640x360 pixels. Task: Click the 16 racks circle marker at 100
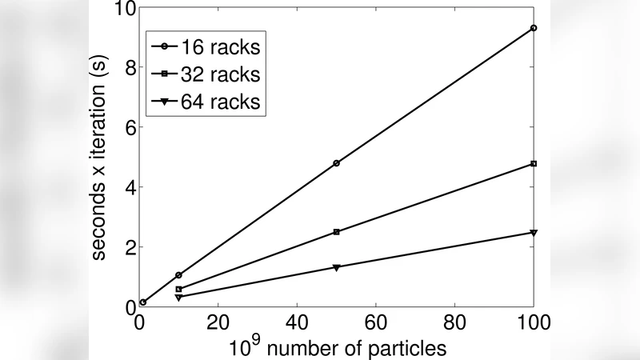click(x=534, y=28)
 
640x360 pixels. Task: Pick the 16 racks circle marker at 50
click(x=337, y=163)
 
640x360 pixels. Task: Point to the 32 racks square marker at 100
click(x=534, y=164)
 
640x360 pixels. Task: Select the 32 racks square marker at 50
click(x=337, y=232)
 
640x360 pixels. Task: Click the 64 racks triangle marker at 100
click(x=534, y=233)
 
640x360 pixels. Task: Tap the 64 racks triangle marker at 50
click(x=337, y=267)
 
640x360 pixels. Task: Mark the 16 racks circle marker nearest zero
click(x=143, y=302)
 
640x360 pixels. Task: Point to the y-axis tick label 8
click(x=128, y=67)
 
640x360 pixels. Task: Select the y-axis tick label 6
click(x=128, y=127)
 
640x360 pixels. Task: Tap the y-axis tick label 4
click(x=128, y=187)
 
